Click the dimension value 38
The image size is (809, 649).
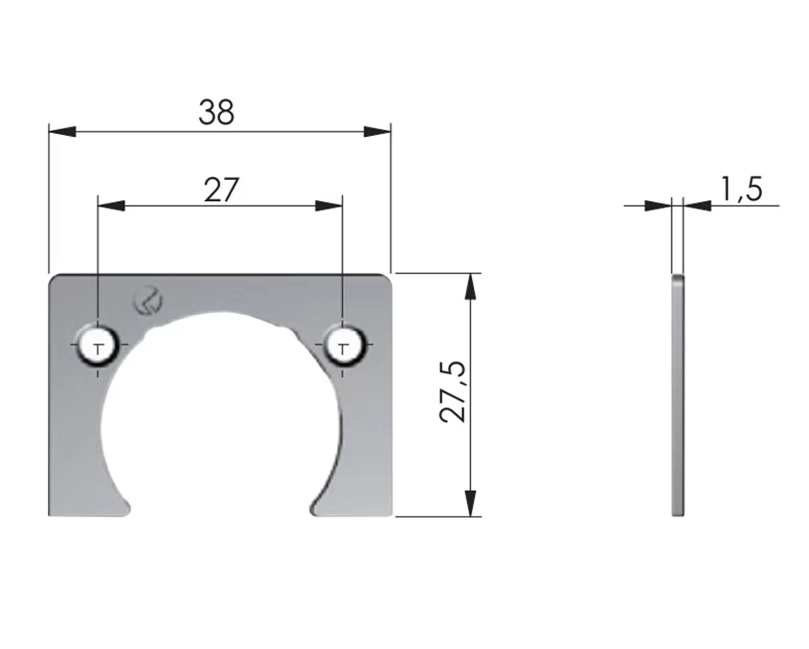[x=216, y=112]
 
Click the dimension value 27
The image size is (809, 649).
[x=221, y=190]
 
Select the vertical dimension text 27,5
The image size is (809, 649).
[x=453, y=392]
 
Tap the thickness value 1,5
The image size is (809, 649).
[x=741, y=189]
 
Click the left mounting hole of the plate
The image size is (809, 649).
[x=98, y=345]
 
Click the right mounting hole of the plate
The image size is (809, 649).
[x=344, y=345]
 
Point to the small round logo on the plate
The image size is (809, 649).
[x=148, y=301]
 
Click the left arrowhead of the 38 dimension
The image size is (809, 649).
[x=62, y=131]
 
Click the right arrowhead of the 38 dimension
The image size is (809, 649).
[x=377, y=131]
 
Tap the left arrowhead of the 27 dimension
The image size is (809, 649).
[x=111, y=206]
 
